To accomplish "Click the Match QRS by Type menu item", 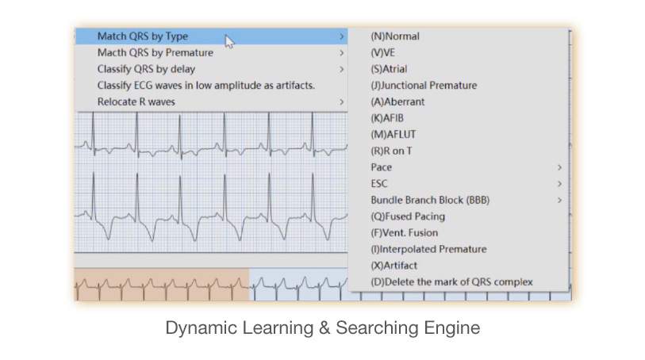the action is (142, 36).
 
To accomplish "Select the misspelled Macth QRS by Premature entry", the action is (155, 52).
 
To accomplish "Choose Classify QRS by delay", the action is (146, 69).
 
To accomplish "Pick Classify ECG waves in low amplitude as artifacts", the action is (206, 86).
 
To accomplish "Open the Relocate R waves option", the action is (136, 102).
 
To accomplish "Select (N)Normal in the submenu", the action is (395, 36).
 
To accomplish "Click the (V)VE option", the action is (382, 52).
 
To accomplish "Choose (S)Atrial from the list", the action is (389, 69).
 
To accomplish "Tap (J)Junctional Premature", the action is (424, 86).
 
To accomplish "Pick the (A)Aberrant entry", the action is (397, 102).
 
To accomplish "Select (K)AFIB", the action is (387, 118).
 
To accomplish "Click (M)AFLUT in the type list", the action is (394, 135).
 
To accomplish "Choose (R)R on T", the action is (391, 151).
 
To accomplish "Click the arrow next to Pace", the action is (559, 167).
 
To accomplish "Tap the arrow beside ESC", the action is (559, 184).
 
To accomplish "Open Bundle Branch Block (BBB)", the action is (430, 200).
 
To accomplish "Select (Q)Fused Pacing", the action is (408, 216).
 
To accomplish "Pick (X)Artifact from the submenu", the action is (394, 266).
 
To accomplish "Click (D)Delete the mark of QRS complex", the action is (451, 282).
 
